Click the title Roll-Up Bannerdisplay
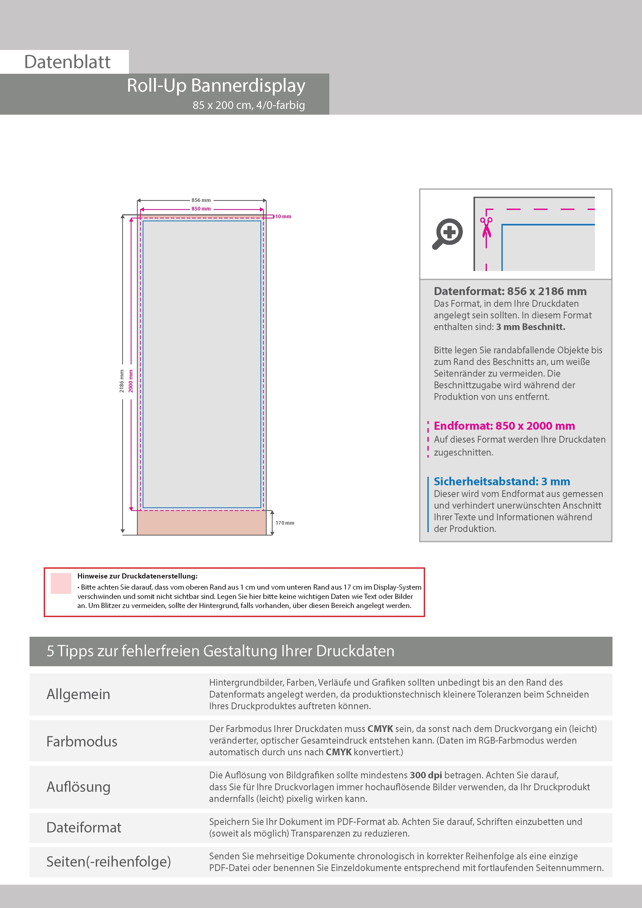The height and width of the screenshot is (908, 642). click(216, 85)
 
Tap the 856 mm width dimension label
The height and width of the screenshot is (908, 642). click(201, 200)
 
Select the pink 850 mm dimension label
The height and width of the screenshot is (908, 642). click(201, 209)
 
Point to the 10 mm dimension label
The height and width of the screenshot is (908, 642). click(283, 216)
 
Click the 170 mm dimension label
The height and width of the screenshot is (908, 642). click(285, 523)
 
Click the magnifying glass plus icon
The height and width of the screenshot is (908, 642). click(448, 233)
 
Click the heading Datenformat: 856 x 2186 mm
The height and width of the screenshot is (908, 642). click(510, 291)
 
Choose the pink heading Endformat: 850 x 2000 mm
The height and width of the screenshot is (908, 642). click(504, 426)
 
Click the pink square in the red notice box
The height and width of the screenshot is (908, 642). click(61, 583)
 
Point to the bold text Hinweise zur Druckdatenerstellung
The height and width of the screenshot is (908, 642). click(137, 576)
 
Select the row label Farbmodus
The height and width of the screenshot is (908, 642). click(82, 742)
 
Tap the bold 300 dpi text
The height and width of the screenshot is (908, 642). click(426, 775)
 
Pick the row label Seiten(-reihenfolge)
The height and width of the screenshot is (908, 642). click(109, 861)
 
